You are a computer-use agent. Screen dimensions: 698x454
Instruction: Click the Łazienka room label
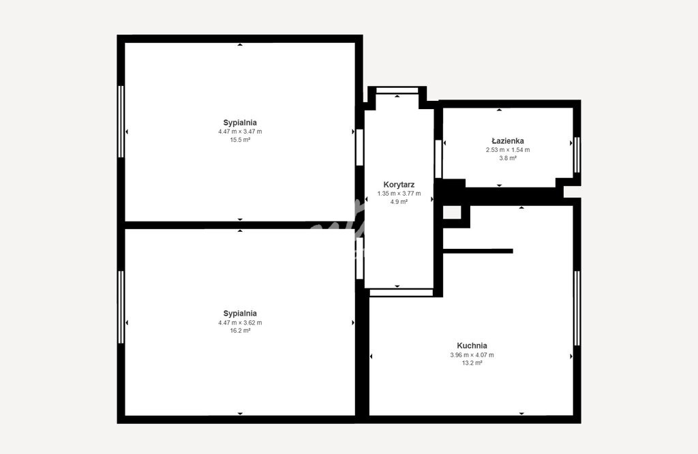tap(507, 140)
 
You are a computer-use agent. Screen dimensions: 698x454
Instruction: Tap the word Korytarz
tap(399, 184)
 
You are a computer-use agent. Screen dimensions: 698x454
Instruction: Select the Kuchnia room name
tap(472, 346)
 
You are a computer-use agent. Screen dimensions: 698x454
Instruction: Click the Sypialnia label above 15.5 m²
tap(240, 123)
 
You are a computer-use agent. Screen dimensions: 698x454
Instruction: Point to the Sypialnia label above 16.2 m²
tap(240, 314)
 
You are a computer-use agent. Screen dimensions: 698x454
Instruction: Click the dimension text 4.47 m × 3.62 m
tap(240, 322)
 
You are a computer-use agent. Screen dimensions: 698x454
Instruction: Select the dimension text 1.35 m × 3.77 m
tap(399, 194)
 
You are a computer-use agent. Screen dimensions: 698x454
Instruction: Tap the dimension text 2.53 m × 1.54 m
tap(507, 150)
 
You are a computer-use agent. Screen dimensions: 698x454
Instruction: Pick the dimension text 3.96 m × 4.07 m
tap(472, 355)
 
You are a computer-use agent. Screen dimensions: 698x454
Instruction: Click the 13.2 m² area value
tap(472, 363)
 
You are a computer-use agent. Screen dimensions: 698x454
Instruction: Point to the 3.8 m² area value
tap(507, 158)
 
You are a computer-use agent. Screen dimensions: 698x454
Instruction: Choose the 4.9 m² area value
tap(399, 202)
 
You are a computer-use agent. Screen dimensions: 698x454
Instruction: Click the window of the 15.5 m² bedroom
tap(121, 121)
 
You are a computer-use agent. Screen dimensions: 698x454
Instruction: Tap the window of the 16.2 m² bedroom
tap(121, 307)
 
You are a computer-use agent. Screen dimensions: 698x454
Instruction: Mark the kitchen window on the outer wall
tap(577, 308)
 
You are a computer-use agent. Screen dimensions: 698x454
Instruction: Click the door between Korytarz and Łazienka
tap(438, 159)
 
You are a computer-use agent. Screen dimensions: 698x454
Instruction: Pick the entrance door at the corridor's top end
tap(397, 91)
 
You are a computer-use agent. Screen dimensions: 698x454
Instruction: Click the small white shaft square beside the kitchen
tap(452, 212)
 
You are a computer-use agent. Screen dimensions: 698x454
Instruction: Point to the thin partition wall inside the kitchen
tap(478, 251)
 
